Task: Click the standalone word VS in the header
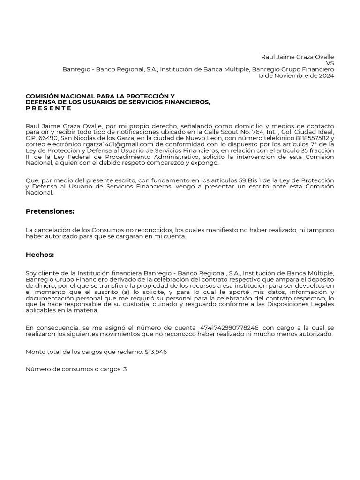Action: click(x=330, y=63)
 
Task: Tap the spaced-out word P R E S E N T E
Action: click(x=49, y=108)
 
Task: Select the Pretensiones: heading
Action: click(x=50, y=211)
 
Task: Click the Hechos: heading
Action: click(x=40, y=255)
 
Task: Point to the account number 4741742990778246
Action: click(x=229, y=327)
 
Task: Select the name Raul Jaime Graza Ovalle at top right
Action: click(x=298, y=57)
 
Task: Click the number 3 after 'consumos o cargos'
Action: click(x=125, y=369)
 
